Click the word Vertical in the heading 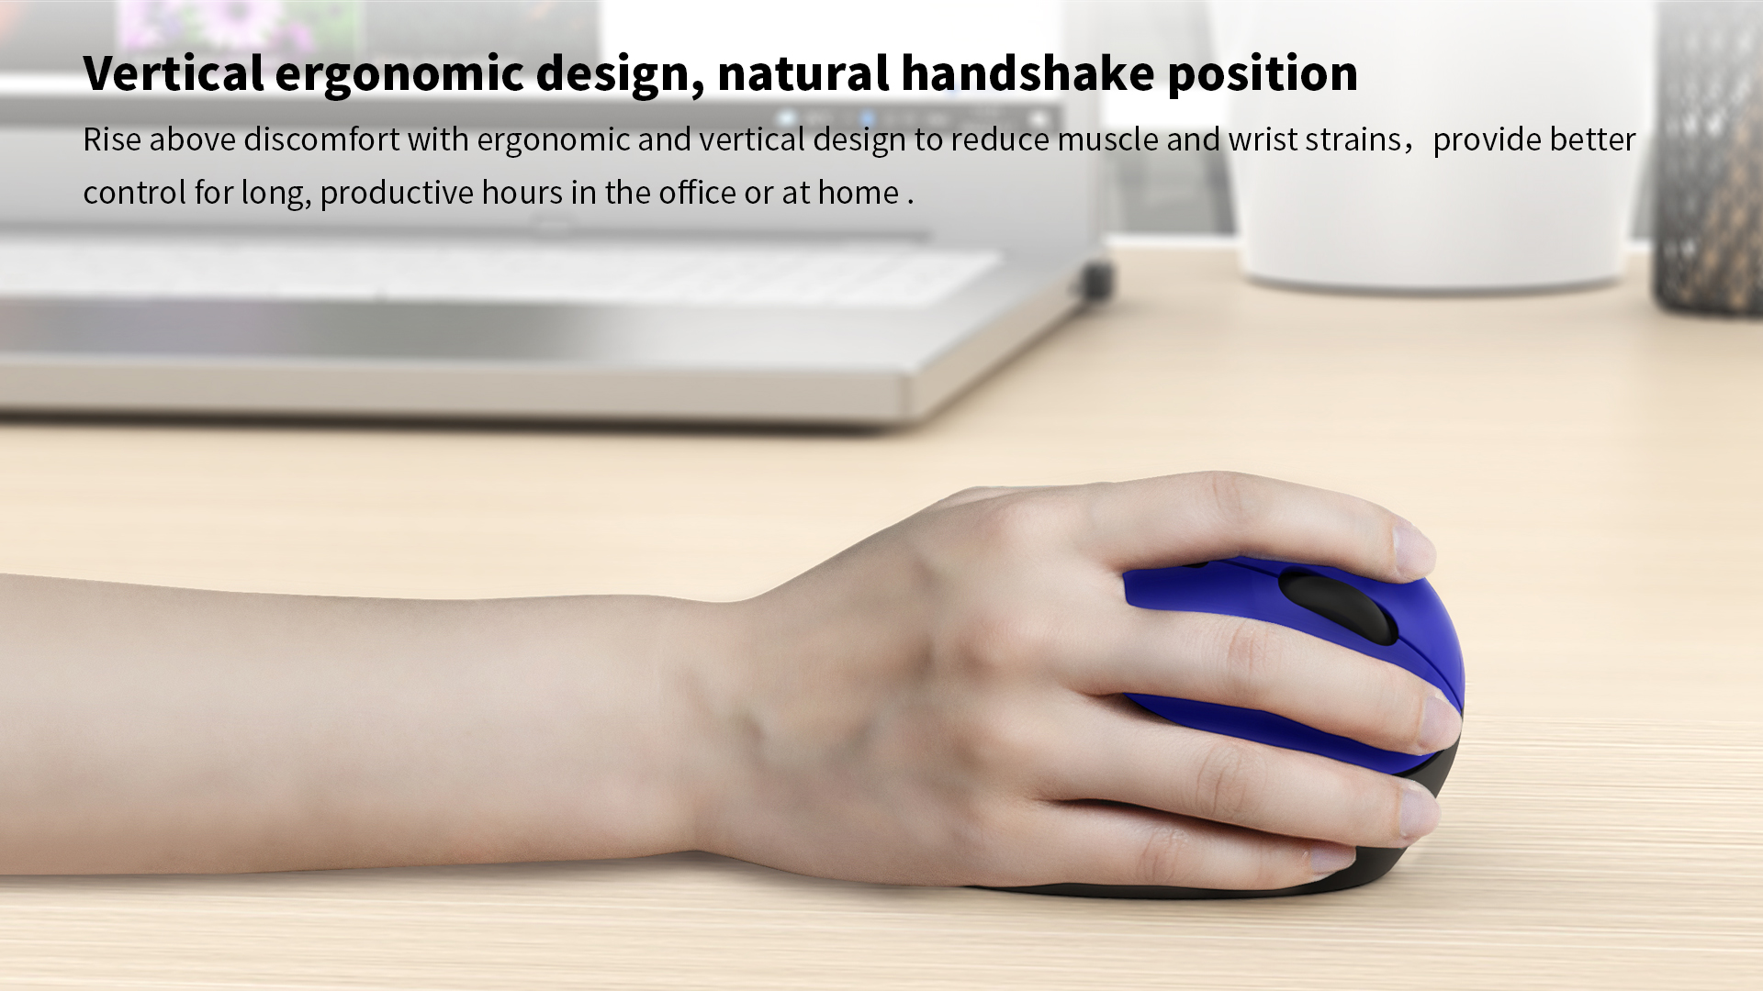(x=174, y=72)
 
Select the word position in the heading (x=1263, y=74)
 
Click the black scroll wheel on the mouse (x=1338, y=606)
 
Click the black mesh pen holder (x=1708, y=156)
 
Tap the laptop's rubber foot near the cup (x=1097, y=279)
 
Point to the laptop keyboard (x=496, y=271)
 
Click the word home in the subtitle (x=859, y=193)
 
